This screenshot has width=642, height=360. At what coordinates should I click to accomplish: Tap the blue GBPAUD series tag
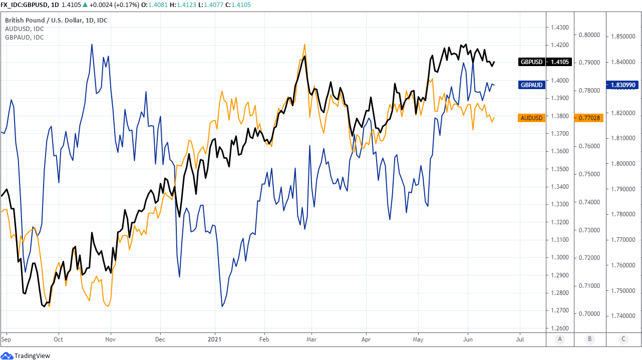click(531, 85)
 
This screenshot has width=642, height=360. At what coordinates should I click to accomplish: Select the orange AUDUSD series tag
click(531, 118)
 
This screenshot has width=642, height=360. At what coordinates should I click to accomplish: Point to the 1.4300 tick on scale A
click(558, 27)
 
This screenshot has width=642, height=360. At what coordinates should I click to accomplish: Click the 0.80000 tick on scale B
click(589, 35)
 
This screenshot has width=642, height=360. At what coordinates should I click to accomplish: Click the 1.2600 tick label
click(558, 328)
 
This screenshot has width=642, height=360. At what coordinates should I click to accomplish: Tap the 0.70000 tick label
click(589, 314)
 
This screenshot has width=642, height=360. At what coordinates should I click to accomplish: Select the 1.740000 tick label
click(623, 316)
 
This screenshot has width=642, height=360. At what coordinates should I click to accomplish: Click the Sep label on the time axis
click(6, 339)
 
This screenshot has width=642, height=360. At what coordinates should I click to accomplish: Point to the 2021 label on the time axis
click(214, 339)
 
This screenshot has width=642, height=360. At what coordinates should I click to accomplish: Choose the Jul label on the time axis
click(520, 339)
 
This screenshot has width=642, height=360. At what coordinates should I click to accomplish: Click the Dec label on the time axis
click(160, 339)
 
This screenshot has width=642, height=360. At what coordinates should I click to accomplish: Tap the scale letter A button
click(560, 339)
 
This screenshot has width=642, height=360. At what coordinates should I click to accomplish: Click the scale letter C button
click(623, 339)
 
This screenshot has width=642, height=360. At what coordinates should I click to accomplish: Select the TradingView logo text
click(32, 355)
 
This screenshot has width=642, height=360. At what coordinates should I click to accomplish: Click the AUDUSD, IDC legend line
click(24, 29)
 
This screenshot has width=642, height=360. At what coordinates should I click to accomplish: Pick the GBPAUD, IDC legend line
click(24, 38)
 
